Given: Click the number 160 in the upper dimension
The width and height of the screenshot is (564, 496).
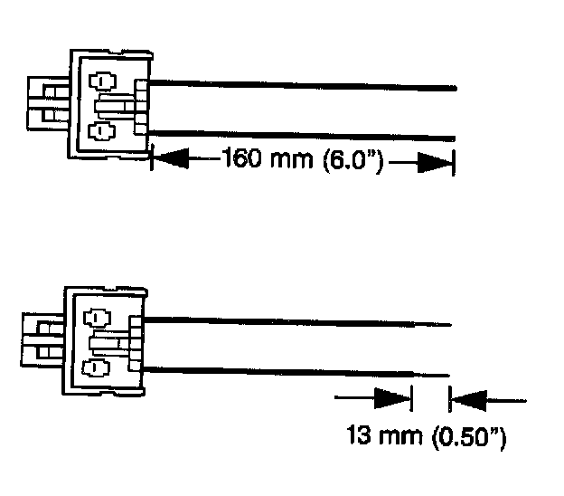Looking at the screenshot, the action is point(241,160).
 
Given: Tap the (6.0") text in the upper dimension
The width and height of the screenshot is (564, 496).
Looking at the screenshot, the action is point(345,161).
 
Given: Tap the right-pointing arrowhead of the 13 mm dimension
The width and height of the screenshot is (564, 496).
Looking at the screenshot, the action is point(391,397).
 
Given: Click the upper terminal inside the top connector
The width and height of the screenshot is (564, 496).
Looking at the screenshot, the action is point(102,81).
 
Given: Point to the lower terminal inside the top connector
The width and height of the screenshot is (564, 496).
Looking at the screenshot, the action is point(101,132).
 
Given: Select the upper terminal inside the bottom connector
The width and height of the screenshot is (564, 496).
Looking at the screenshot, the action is point(95,319).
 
